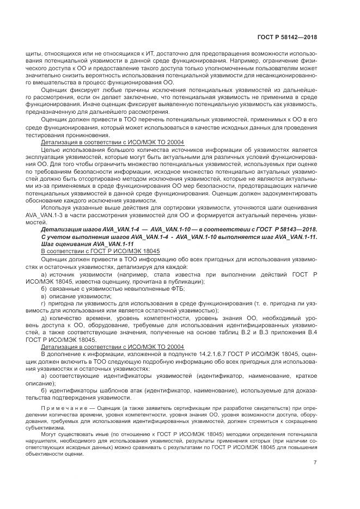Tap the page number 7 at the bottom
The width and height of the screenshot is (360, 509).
315,463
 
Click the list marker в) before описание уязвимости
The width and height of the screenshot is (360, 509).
45,296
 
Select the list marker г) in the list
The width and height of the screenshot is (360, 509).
45,303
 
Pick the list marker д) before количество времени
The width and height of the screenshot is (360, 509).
45,318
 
